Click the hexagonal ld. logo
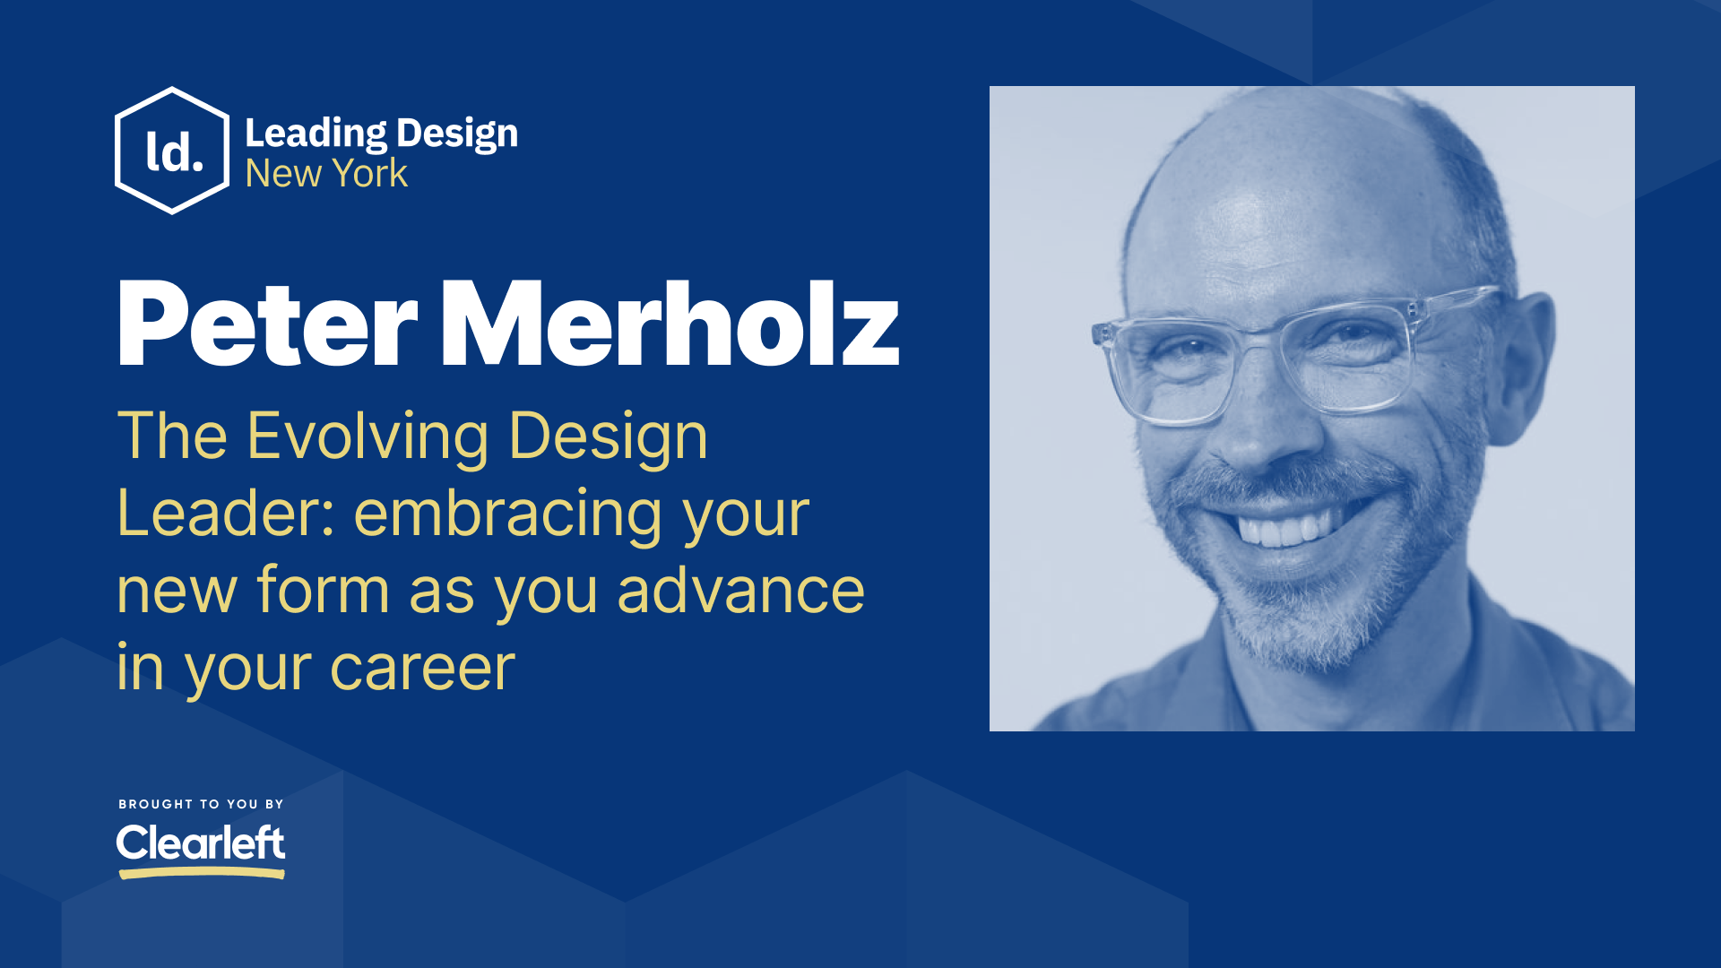point(172,151)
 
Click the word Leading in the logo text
point(316,134)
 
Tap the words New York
point(326,173)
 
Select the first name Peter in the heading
point(267,324)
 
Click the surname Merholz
point(669,324)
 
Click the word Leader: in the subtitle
point(226,514)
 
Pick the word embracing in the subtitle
point(509,514)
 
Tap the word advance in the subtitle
point(740,591)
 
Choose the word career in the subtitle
point(422,668)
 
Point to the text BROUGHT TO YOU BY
point(201,804)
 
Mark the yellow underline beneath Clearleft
point(201,872)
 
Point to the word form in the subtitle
point(323,591)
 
